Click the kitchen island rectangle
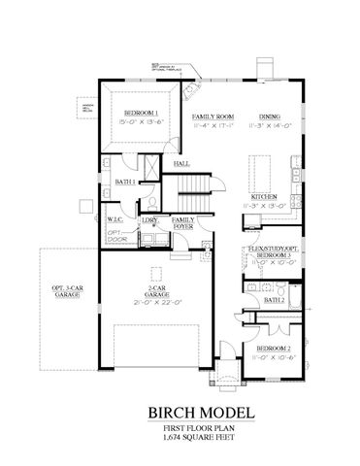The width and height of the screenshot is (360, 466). (x=260, y=171)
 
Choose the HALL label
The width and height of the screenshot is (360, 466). (x=181, y=164)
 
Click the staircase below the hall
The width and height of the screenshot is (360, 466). (x=198, y=183)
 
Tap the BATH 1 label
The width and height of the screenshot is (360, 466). (x=123, y=182)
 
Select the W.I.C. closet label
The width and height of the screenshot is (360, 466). (x=114, y=220)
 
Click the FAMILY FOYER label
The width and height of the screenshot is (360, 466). (x=182, y=223)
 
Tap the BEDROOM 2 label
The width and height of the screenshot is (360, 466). (x=273, y=347)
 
